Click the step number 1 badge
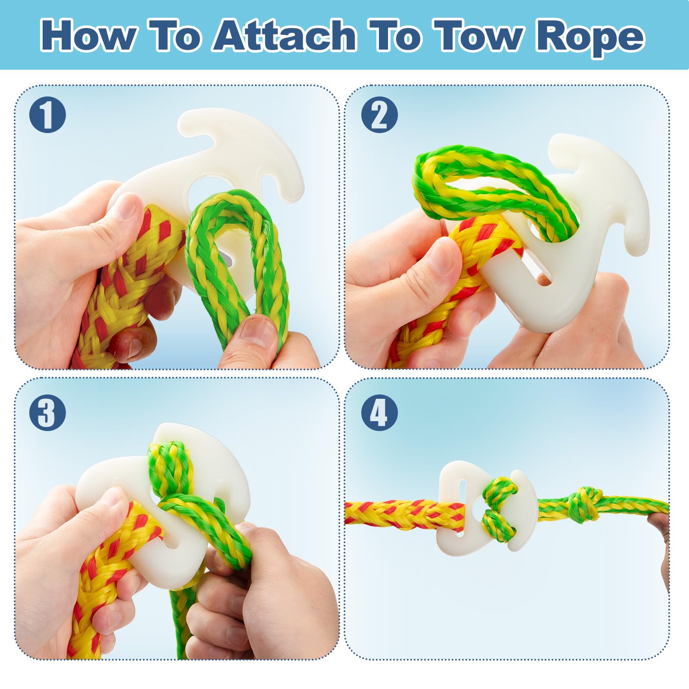pos(48,114)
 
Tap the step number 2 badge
pos(379,114)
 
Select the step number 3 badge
pos(48,413)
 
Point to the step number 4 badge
pos(379,413)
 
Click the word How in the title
pos(88,35)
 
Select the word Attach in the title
pos(285,35)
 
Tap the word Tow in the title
pos(476,35)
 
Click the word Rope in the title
pos(590,37)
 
